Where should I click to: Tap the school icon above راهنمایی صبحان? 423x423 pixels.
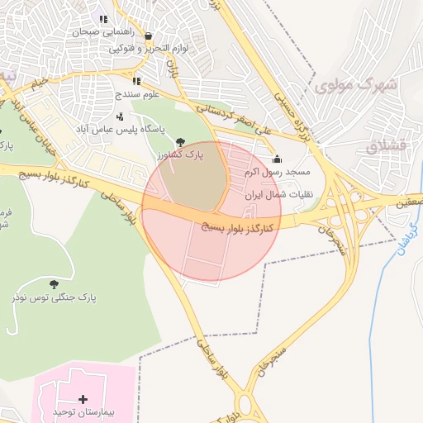(x=103, y=19)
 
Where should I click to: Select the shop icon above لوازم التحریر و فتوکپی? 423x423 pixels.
(x=148, y=36)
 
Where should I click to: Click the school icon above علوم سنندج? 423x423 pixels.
(x=136, y=82)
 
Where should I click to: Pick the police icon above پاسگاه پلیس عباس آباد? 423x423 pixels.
(x=120, y=116)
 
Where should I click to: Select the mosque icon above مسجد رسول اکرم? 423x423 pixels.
(x=277, y=159)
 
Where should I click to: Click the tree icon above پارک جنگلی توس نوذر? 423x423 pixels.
(x=55, y=283)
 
